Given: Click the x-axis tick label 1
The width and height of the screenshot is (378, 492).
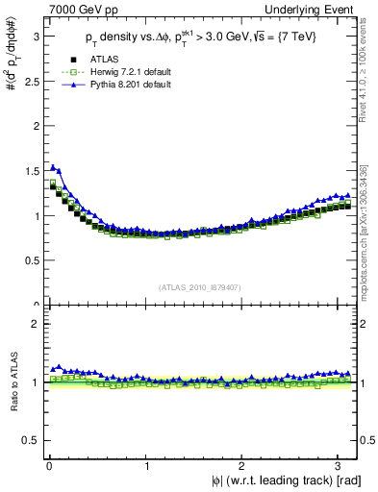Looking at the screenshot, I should click(147, 466).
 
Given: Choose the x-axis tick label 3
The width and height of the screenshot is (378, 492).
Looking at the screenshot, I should click(343, 466).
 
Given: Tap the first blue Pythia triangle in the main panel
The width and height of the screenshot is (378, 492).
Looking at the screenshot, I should click(53, 167).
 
